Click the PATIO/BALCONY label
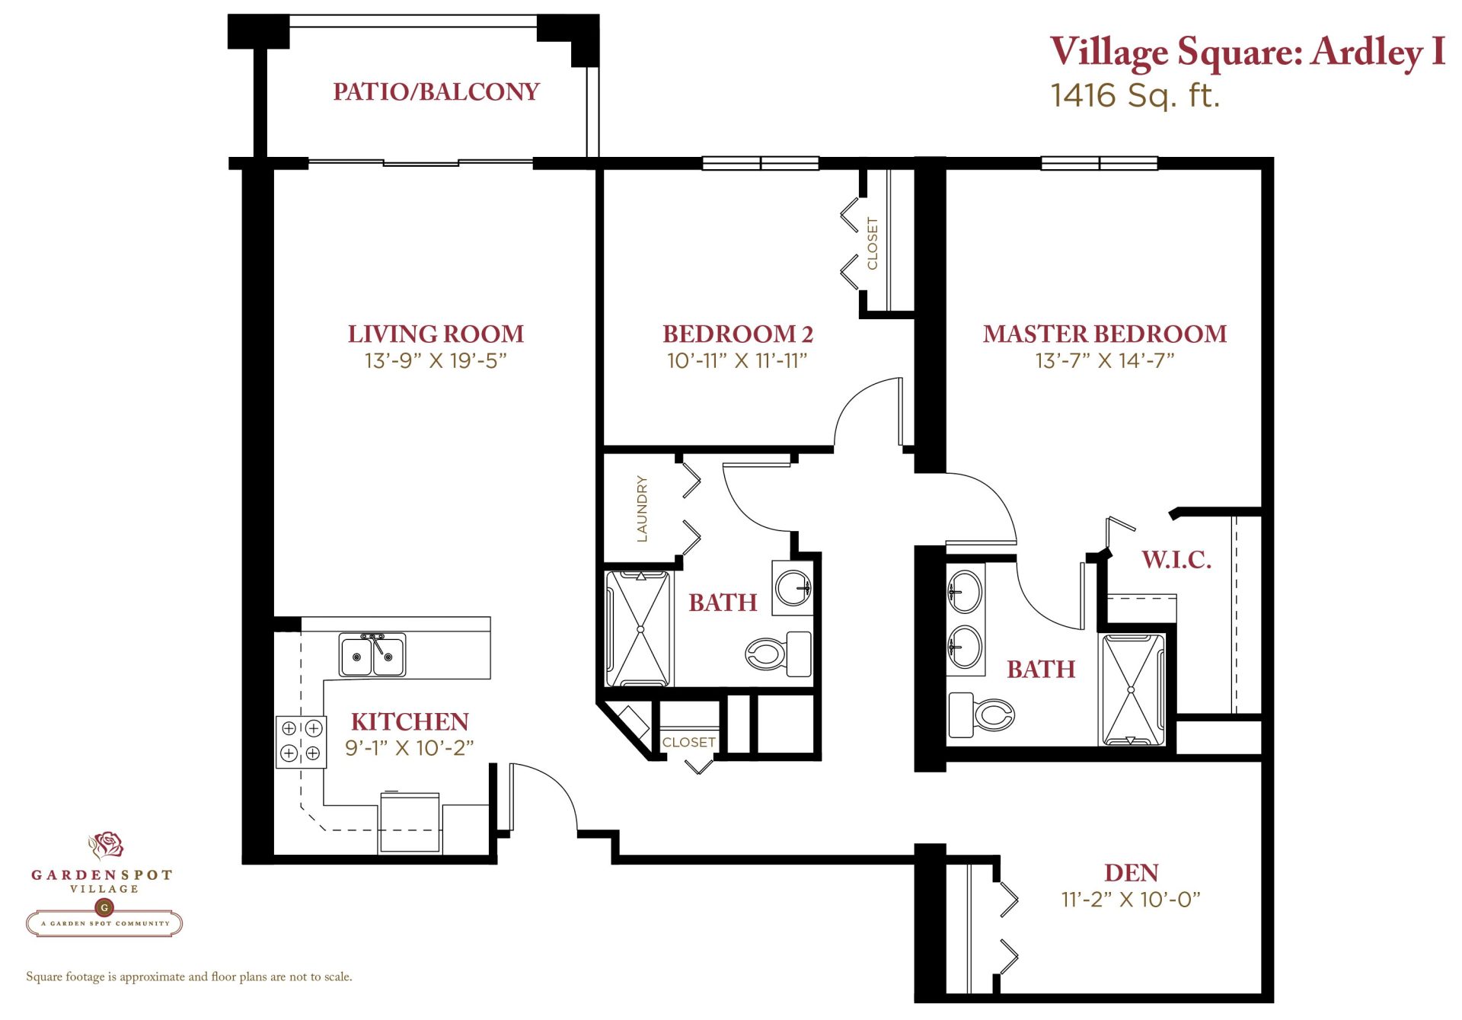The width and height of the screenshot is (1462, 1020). pyautogui.click(x=436, y=91)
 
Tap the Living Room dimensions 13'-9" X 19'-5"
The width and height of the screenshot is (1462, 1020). pyautogui.click(x=436, y=360)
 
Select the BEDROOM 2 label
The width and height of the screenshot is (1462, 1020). pyautogui.click(x=738, y=334)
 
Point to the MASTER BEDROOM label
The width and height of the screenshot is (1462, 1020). pyautogui.click(x=1105, y=334)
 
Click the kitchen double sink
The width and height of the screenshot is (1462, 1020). pyautogui.click(x=372, y=655)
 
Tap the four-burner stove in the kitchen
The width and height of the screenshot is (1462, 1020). pyautogui.click(x=301, y=741)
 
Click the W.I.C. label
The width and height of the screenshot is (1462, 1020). pyautogui.click(x=1176, y=560)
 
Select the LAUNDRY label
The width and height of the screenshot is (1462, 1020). pyautogui.click(x=642, y=509)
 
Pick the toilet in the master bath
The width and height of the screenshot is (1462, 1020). pyautogui.click(x=982, y=715)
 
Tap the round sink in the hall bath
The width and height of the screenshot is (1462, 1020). pyautogui.click(x=793, y=588)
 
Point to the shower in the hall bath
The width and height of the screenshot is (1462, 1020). pyautogui.click(x=640, y=628)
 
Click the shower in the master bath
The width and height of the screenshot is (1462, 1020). pyautogui.click(x=1132, y=689)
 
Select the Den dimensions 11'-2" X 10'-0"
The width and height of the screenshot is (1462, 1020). pyautogui.click(x=1131, y=900)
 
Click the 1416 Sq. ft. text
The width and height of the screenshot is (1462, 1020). pyautogui.click(x=1135, y=95)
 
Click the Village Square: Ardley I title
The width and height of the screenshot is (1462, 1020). pyautogui.click(x=1247, y=52)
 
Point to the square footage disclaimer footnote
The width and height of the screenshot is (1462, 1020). pyautogui.click(x=189, y=977)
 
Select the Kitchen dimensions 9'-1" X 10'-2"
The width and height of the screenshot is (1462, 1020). pyautogui.click(x=410, y=748)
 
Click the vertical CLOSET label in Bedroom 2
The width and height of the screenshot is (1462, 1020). pyautogui.click(x=873, y=244)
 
